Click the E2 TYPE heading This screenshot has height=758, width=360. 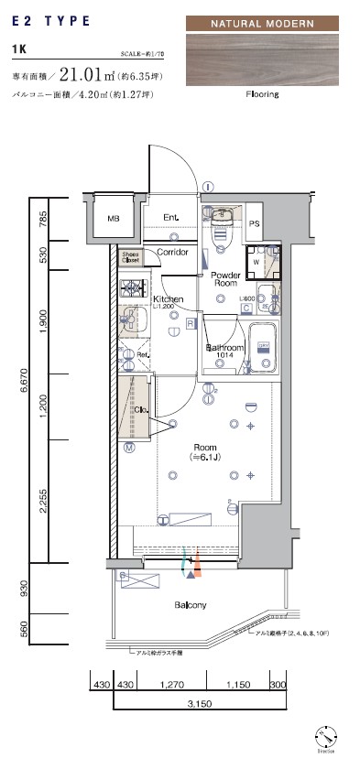pyautogui.click(x=50, y=19)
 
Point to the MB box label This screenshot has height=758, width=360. pyautogui.click(x=113, y=219)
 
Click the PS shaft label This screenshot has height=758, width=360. pyautogui.click(x=255, y=222)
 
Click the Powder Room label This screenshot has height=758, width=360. pyautogui.click(x=224, y=279)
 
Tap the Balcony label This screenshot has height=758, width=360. pyautogui.click(x=191, y=605)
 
